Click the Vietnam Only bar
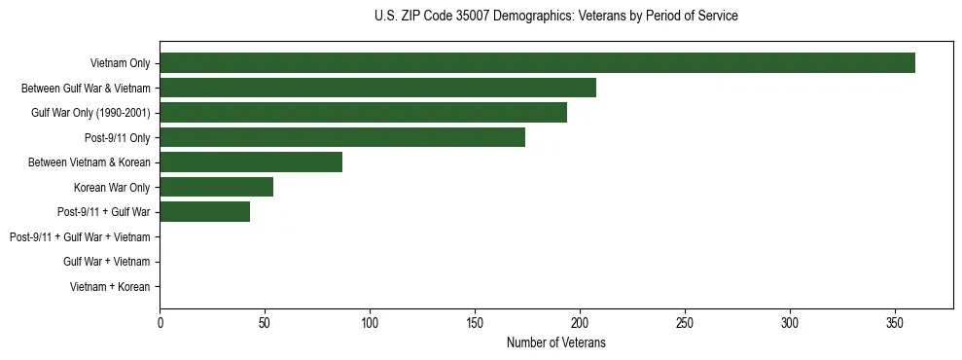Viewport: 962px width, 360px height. click(537, 63)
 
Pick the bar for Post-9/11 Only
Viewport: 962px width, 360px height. click(342, 137)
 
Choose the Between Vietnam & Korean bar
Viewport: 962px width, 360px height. click(251, 162)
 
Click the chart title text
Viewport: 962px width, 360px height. click(555, 17)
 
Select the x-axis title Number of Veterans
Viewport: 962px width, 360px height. click(555, 342)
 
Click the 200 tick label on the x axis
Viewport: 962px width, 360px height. click(580, 324)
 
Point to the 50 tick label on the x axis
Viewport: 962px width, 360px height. click(265, 324)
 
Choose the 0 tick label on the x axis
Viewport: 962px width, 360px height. click(160, 324)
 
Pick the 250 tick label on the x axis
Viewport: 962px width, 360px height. click(685, 324)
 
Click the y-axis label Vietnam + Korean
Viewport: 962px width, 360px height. click(110, 287)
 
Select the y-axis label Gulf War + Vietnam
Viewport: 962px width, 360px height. click(106, 262)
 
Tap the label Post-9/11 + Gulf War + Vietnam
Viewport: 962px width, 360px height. click(80, 237)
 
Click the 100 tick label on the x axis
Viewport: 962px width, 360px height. click(370, 324)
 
